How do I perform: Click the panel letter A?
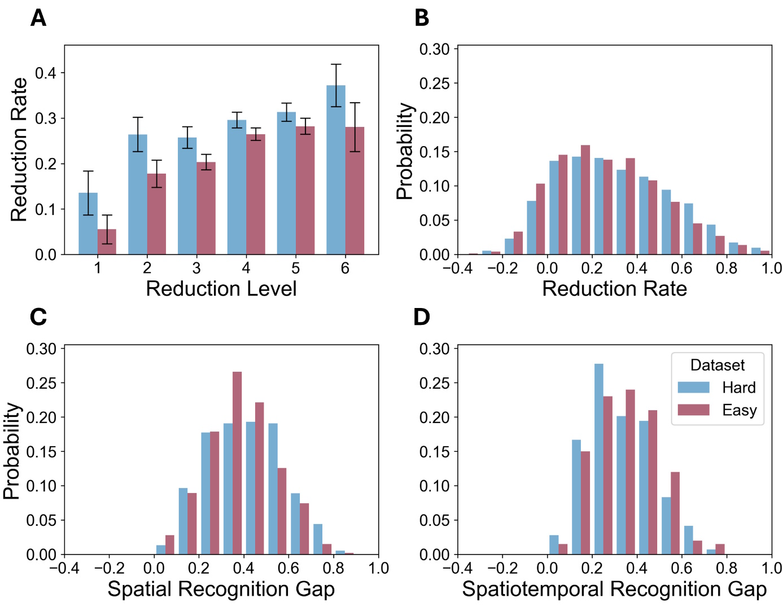[x=38, y=18]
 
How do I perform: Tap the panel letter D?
[x=422, y=317]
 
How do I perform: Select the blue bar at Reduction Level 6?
[x=336, y=169]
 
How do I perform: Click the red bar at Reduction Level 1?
[x=107, y=242]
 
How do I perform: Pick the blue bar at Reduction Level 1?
[x=88, y=223]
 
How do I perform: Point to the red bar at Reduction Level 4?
[x=256, y=194]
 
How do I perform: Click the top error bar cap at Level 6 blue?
[x=336, y=64]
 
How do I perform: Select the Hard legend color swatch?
[x=693, y=388]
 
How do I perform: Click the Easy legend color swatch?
[x=693, y=410]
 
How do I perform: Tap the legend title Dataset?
[x=717, y=365]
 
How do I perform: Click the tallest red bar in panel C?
[x=237, y=463]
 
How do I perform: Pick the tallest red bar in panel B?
[x=585, y=200]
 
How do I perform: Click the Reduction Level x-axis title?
[x=221, y=289]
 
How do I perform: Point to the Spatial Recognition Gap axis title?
[x=221, y=589]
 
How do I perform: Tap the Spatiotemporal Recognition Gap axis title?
[x=614, y=589]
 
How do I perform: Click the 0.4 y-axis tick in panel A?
[x=46, y=73]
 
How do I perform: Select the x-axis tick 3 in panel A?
[x=196, y=268]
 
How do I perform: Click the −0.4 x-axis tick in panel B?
[x=457, y=268]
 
